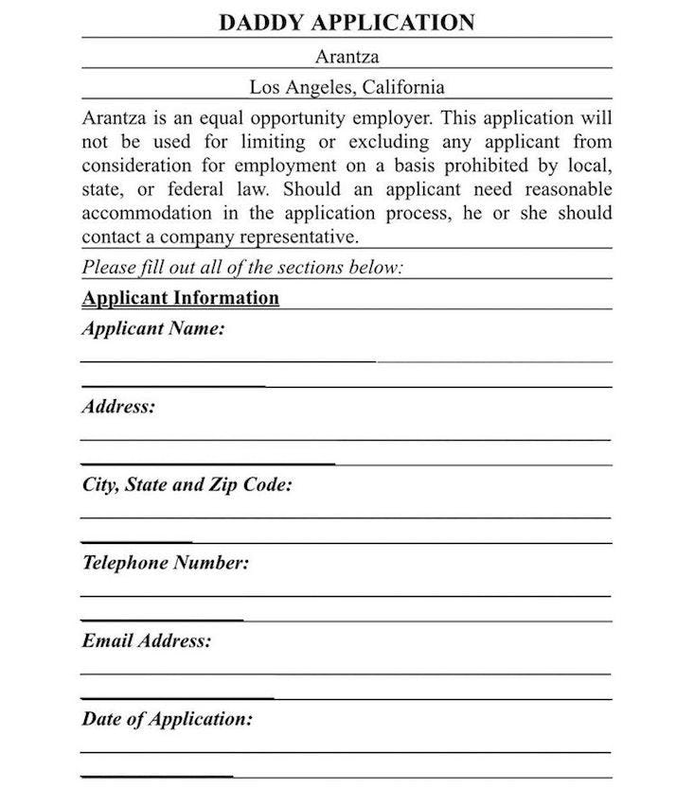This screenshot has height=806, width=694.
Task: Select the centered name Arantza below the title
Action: tap(347, 56)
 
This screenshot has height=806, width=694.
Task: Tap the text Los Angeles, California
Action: tap(347, 87)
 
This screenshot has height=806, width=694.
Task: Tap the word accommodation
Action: tap(140, 213)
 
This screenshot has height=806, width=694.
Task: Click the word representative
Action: tap(300, 237)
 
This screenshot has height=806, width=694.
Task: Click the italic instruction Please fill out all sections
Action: tap(242, 268)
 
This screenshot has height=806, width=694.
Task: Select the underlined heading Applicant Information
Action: tap(181, 298)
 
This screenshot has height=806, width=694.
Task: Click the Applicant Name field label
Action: tap(153, 330)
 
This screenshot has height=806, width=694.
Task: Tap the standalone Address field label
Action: tap(118, 408)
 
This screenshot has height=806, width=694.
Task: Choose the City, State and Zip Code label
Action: tap(187, 485)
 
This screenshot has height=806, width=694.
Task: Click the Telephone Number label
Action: tap(166, 563)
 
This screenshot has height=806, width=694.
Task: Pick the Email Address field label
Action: tap(147, 640)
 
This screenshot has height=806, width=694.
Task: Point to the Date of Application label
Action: tap(168, 719)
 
